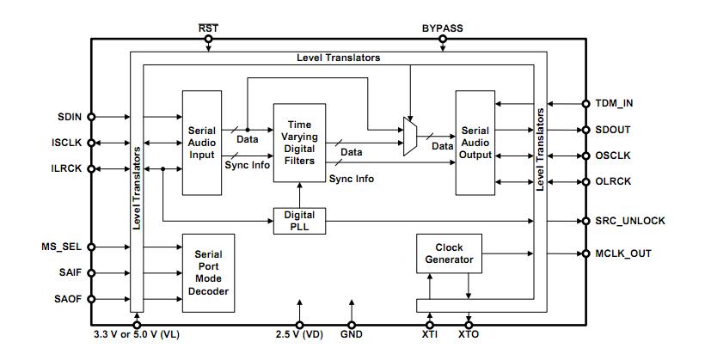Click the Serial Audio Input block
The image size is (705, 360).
[x=202, y=142]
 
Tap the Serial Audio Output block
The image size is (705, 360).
[x=475, y=143]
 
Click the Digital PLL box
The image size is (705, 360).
[x=299, y=221]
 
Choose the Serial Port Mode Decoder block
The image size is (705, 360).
[x=208, y=273]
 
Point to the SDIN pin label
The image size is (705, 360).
[x=70, y=117]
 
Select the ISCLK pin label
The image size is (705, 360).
[x=67, y=143]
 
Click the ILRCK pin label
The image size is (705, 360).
[x=67, y=168]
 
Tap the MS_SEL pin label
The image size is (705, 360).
[x=64, y=247]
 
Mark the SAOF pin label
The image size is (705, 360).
[x=69, y=299]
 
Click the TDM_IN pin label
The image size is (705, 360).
[x=614, y=104]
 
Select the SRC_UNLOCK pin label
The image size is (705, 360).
[x=630, y=221]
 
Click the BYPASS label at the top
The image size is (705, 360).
[x=442, y=27]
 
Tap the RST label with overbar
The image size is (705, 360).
[x=208, y=27]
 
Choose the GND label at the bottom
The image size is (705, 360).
[x=352, y=335]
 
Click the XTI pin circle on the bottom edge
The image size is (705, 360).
[x=428, y=324]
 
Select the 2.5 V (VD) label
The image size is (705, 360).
[x=300, y=335]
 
